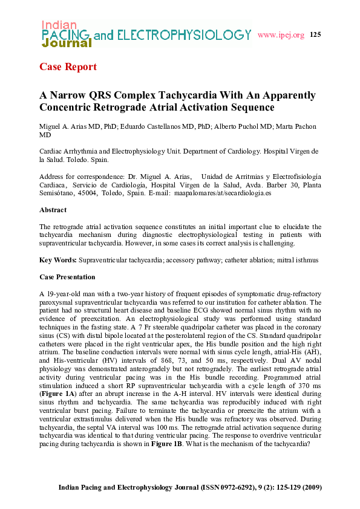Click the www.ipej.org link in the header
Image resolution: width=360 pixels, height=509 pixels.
pos(281,35)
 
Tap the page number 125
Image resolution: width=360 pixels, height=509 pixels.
pos(315,34)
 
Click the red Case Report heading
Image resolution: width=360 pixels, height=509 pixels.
pos(68,66)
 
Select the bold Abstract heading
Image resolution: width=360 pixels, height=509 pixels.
pos(53,210)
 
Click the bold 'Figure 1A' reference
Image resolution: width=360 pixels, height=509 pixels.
pos(54,387)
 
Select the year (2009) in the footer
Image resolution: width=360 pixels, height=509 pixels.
pos(309,487)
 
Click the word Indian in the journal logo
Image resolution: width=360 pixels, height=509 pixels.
pos(59,25)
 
